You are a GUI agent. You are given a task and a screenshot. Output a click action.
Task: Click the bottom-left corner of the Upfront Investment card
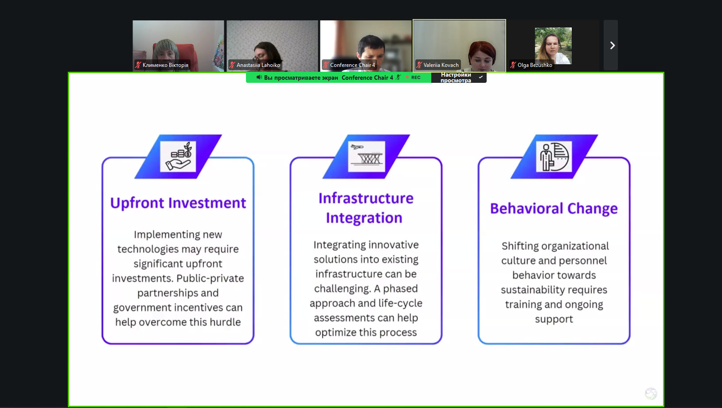102,344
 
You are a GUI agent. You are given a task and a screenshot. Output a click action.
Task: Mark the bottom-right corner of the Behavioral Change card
630,344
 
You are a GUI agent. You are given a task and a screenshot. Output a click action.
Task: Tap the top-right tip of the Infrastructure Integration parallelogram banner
410,135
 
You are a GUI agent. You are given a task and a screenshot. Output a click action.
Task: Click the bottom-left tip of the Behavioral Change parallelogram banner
511,178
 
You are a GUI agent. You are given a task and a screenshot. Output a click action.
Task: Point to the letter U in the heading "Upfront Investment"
115,203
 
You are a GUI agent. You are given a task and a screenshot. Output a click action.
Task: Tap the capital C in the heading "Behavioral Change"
573,209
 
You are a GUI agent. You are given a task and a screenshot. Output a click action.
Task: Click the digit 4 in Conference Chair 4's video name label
374,65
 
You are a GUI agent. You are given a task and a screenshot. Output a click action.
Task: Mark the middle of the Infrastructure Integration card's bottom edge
366,344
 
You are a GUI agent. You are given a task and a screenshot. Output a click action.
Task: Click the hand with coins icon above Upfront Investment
178,157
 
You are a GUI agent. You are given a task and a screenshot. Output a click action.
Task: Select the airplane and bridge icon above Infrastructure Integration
367,157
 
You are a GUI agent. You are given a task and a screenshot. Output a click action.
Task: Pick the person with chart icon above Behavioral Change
554,157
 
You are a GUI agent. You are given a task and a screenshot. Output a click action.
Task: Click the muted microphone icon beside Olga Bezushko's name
513,65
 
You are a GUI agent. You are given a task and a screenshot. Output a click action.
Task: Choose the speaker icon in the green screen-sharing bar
259,78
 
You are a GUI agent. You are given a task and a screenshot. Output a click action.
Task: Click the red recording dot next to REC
407,78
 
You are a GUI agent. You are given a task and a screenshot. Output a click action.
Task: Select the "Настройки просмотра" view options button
459,78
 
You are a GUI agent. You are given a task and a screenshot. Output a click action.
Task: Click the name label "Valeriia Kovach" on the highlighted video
441,65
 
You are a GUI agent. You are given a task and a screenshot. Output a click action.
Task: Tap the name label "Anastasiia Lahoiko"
258,65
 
